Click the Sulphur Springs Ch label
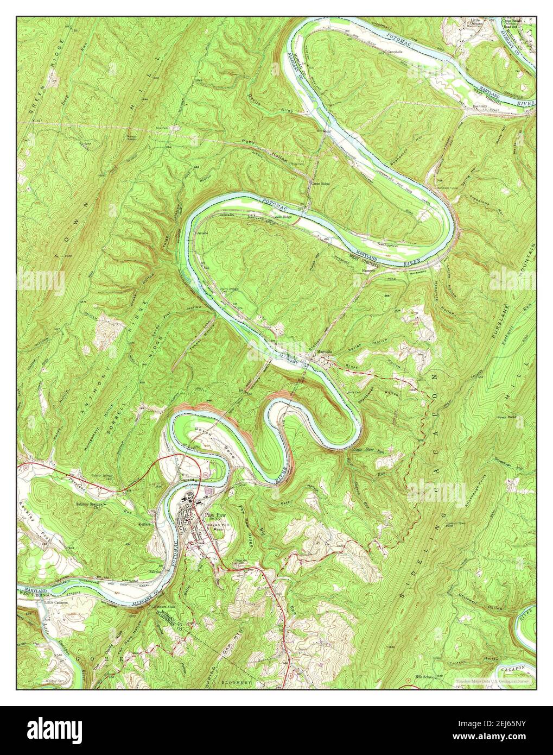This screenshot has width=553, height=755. (91, 503)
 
